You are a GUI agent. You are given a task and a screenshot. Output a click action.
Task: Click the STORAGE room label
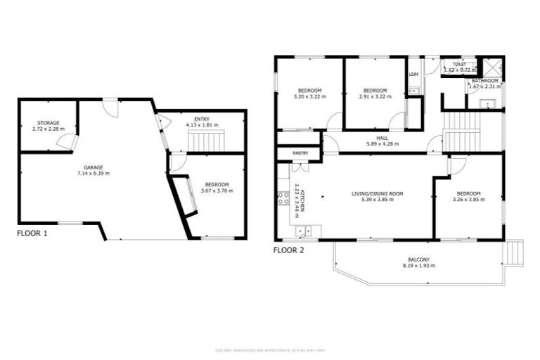[x=49, y=123]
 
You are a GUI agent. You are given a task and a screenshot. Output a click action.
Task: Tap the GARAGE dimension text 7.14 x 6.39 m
[x=93, y=173]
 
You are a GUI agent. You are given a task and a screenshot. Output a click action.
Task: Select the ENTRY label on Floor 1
[x=202, y=119]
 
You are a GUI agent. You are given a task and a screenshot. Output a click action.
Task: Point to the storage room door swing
[x=67, y=143]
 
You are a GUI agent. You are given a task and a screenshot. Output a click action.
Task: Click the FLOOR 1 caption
[x=32, y=233]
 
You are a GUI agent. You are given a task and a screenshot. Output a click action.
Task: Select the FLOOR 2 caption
[x=288, y=250]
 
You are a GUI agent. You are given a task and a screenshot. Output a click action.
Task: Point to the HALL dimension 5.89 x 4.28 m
[x=382, y=144]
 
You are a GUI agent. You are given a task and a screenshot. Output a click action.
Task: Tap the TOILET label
[x=459, y=64]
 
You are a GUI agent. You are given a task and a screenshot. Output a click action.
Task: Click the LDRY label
[x=413, y=75]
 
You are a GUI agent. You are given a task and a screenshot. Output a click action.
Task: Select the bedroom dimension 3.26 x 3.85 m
[x=469, y=199]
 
